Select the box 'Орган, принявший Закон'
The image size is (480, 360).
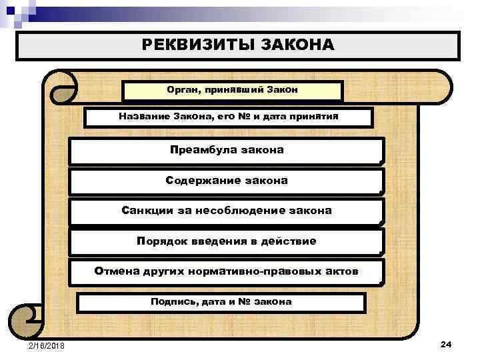[x=233, y=90]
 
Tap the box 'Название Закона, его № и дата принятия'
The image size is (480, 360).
[x=229, y=116]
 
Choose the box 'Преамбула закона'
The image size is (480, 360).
[x=227, y=150]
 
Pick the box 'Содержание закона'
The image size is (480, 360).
[x=227, y=181]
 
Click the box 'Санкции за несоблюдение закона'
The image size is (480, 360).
[x=227, y=211]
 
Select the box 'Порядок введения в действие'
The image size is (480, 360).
[x=227, y=241]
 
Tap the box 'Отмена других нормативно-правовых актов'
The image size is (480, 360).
[x=227, y=271]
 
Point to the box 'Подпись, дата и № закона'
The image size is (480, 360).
[x=221, y=301]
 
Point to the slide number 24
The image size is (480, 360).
[x=446, y=344]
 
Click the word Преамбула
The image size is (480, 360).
[x=199, y=150]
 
